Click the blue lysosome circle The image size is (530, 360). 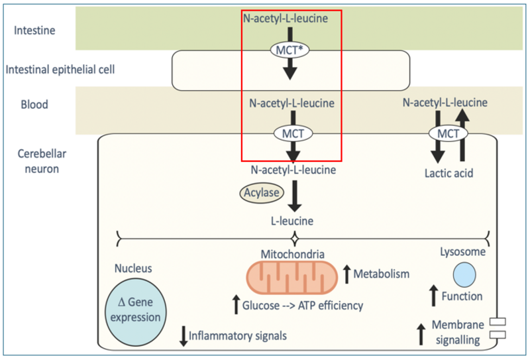[x=463, y=274]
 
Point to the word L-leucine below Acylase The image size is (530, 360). [x=291, y=220]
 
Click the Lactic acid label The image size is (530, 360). [x=448, y=174]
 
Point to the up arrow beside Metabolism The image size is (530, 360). [x=347, y=273]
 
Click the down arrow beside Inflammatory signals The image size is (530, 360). [x=183, y=336]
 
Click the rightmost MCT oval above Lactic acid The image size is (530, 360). [x=449, y=133]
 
